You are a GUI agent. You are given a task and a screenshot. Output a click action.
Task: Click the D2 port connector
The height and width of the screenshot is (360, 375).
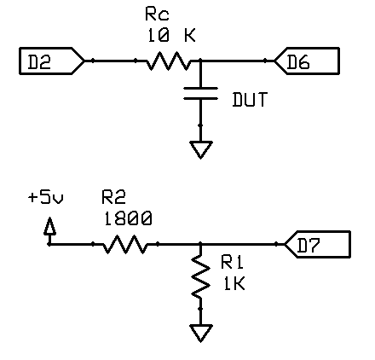coord(52,61)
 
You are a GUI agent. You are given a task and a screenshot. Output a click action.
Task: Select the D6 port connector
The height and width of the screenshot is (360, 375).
coord(307,61)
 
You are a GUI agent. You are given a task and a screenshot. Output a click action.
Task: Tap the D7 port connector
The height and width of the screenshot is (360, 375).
coord(317,245)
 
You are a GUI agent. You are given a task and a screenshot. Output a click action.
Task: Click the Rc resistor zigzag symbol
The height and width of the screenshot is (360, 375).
coord(168,61)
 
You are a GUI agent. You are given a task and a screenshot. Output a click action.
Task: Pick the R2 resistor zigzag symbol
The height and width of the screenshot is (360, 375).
coord(124,244)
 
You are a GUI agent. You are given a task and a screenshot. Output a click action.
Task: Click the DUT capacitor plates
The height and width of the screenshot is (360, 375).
coord(201,94)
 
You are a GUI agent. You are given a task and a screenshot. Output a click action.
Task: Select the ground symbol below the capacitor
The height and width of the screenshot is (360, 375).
coord(201,150)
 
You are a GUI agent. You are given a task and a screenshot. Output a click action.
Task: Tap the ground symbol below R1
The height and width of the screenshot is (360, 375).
coord(201,334)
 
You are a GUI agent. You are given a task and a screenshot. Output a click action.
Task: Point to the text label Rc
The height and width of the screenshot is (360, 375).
coord(157,15)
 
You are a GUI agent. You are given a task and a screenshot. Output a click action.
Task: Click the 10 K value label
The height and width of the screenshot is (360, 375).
coord(171,36)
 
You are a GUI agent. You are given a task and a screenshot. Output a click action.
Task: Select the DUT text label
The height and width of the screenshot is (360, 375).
coord(250,100)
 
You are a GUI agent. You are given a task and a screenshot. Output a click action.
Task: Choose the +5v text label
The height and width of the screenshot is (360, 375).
coord(46,197)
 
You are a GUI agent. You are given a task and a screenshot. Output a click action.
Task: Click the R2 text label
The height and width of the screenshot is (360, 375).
coord(113,197)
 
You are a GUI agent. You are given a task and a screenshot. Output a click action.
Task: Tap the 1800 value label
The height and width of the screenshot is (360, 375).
coord(128,218)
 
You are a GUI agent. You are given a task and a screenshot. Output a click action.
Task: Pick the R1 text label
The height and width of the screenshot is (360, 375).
coord(233,262)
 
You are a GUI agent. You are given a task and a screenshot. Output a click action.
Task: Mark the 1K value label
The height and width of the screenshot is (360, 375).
coord(234,283)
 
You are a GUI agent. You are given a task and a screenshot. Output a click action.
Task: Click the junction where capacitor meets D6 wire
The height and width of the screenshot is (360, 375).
coord(201,61)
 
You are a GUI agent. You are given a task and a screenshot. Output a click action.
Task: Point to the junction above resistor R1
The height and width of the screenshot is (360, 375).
coord(201,244)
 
